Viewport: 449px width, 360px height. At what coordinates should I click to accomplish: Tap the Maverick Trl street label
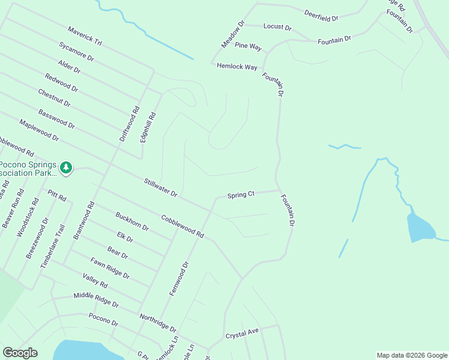coord(85,37)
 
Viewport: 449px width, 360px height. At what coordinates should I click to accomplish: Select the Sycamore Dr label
coord(76,52)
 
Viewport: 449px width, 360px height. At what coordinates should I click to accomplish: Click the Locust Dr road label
coord(277,28)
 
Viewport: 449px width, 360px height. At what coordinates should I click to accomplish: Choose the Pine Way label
coord(248,46)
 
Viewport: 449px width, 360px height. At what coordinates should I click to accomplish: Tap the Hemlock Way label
coord(237,67)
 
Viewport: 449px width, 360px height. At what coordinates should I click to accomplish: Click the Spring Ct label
coord(241,194)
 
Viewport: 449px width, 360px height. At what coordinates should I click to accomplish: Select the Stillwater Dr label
coord(160,187)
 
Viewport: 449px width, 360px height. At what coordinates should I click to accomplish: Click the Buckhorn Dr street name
coord(132,221)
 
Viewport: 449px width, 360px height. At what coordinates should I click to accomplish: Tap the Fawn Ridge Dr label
coord(110,268)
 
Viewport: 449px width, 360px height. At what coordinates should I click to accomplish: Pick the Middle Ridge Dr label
coord(96,301)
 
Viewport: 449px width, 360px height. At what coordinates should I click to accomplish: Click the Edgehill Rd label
coord(148,127)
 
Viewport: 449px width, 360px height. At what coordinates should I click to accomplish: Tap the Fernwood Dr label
coord(179,278)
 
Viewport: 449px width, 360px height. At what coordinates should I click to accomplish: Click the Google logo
coord(20,353)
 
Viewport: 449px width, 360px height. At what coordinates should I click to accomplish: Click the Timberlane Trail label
coord(52,246)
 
